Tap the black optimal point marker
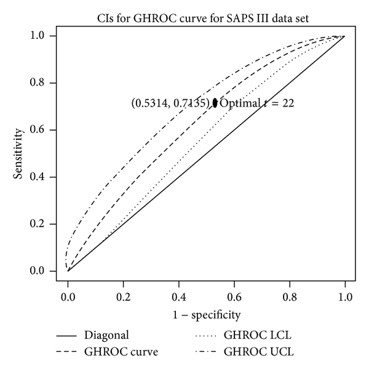tap(215, 103)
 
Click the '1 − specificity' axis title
tap(206, 315)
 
